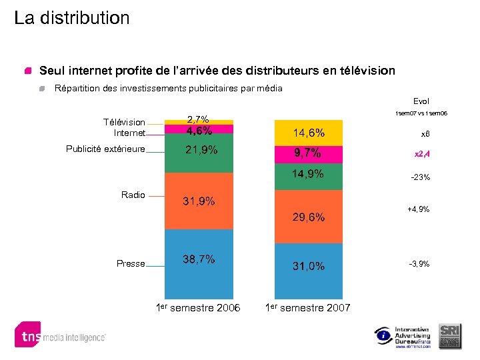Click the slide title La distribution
point(72,18)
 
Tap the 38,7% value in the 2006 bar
point(199,259)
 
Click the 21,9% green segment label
point(201,149)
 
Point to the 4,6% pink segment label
point(199,131)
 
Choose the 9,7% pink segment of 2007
point(308,153)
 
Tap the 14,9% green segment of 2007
point(308,174)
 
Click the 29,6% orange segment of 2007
point(308,217)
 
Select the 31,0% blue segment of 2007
point(309,265)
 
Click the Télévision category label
point(124,122)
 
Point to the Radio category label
point(133,195)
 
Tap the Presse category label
point(131,263)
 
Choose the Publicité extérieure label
point(105,149)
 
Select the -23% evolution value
point(420,177)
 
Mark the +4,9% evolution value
point(419,209)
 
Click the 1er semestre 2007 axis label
point(307,307)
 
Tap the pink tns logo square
point(27,335)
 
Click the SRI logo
point(450,335)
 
